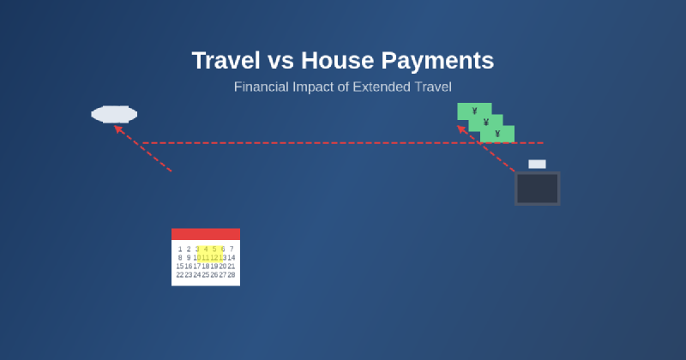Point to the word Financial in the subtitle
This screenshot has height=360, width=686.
coord(263,87)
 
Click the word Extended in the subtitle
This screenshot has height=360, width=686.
coord(382,87)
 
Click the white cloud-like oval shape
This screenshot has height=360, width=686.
coord(114,114)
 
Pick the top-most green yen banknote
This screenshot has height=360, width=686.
coord(474,111)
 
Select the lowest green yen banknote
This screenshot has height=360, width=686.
coord(497,134)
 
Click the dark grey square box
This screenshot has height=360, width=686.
coord(537,189)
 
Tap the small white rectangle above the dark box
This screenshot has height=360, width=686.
coord(537,164)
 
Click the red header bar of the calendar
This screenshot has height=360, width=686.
coord(206,234)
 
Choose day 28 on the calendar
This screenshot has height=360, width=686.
coord(231,275)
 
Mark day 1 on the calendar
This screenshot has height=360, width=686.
coord(180,249)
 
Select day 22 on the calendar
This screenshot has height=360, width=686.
coord(180,275)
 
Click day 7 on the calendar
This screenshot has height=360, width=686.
coord(231,249)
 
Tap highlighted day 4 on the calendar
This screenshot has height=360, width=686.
coord(206,249)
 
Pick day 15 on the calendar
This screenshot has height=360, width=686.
coord(180,267)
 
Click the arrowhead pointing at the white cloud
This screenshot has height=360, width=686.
coord(118,129)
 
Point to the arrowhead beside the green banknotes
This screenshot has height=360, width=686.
coord(461,129)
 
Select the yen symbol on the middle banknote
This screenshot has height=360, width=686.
coord(485,123)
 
